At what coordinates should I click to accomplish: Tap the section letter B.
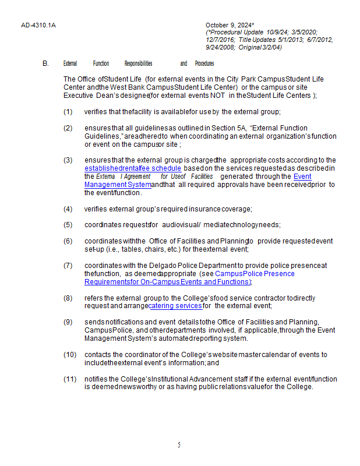(45, 63)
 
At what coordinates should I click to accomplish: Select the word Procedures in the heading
(204, 63)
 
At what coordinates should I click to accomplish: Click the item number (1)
(68, 111)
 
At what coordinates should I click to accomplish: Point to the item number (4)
(68, 209)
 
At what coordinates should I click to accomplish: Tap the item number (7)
(68, 265)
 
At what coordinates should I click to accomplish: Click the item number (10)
(70, 355)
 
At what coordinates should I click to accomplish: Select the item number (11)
(70, 379)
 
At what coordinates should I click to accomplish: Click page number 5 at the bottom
(179, 445)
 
